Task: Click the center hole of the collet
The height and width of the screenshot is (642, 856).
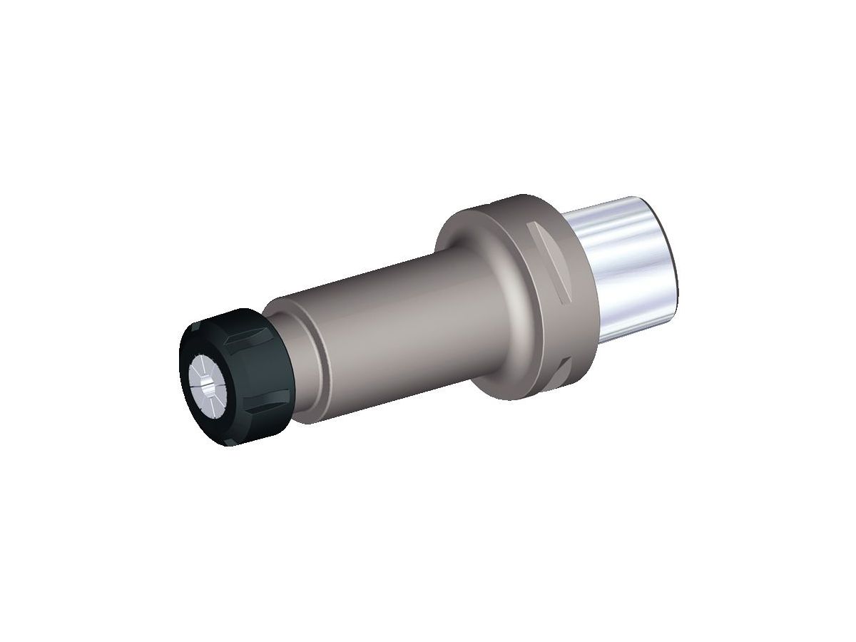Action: tap(207, 389)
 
